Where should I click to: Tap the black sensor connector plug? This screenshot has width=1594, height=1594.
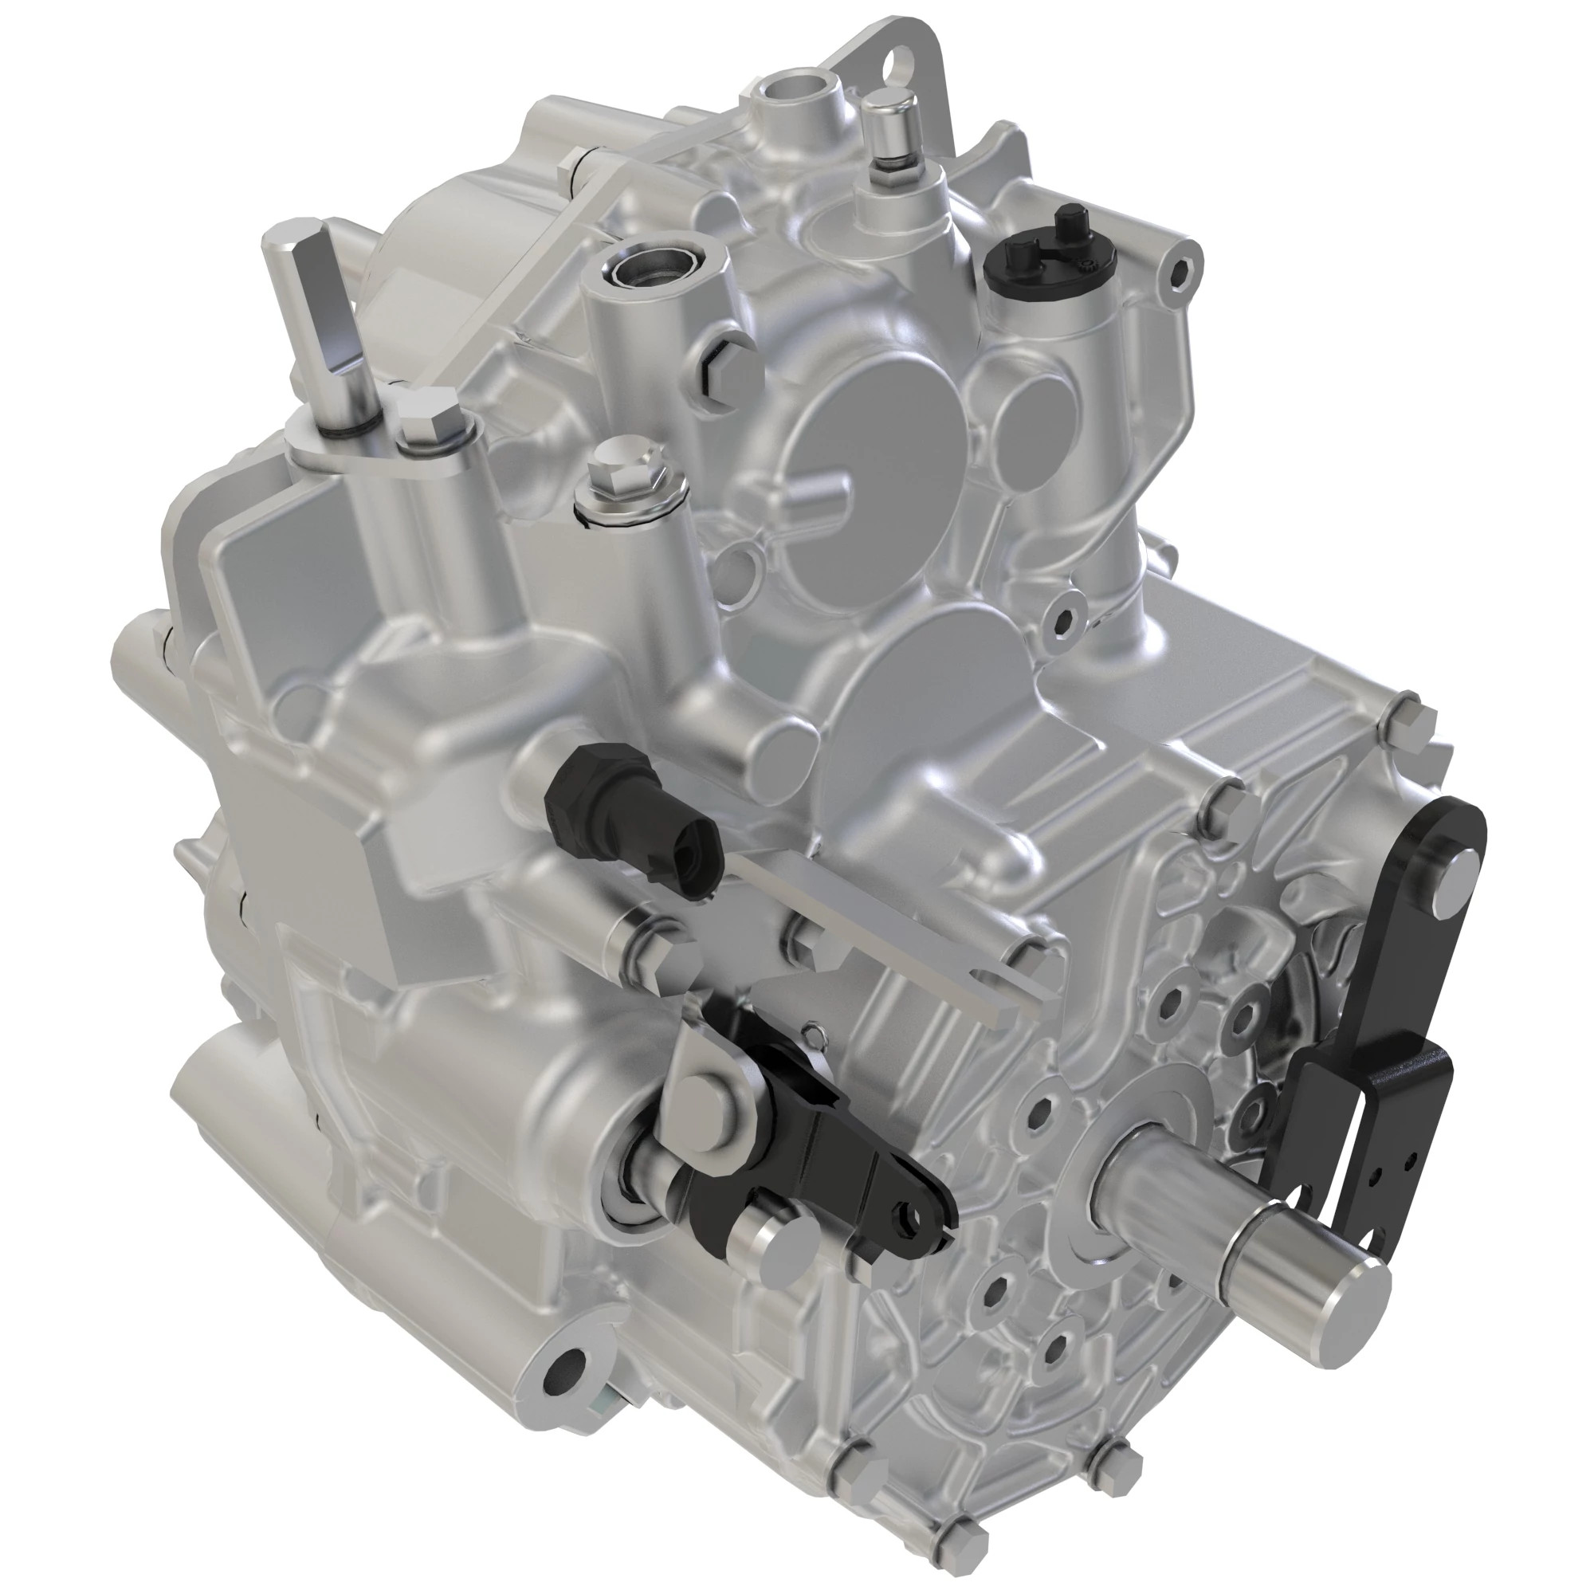point(635,817)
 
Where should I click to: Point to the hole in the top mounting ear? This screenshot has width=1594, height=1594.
point(894,65)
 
